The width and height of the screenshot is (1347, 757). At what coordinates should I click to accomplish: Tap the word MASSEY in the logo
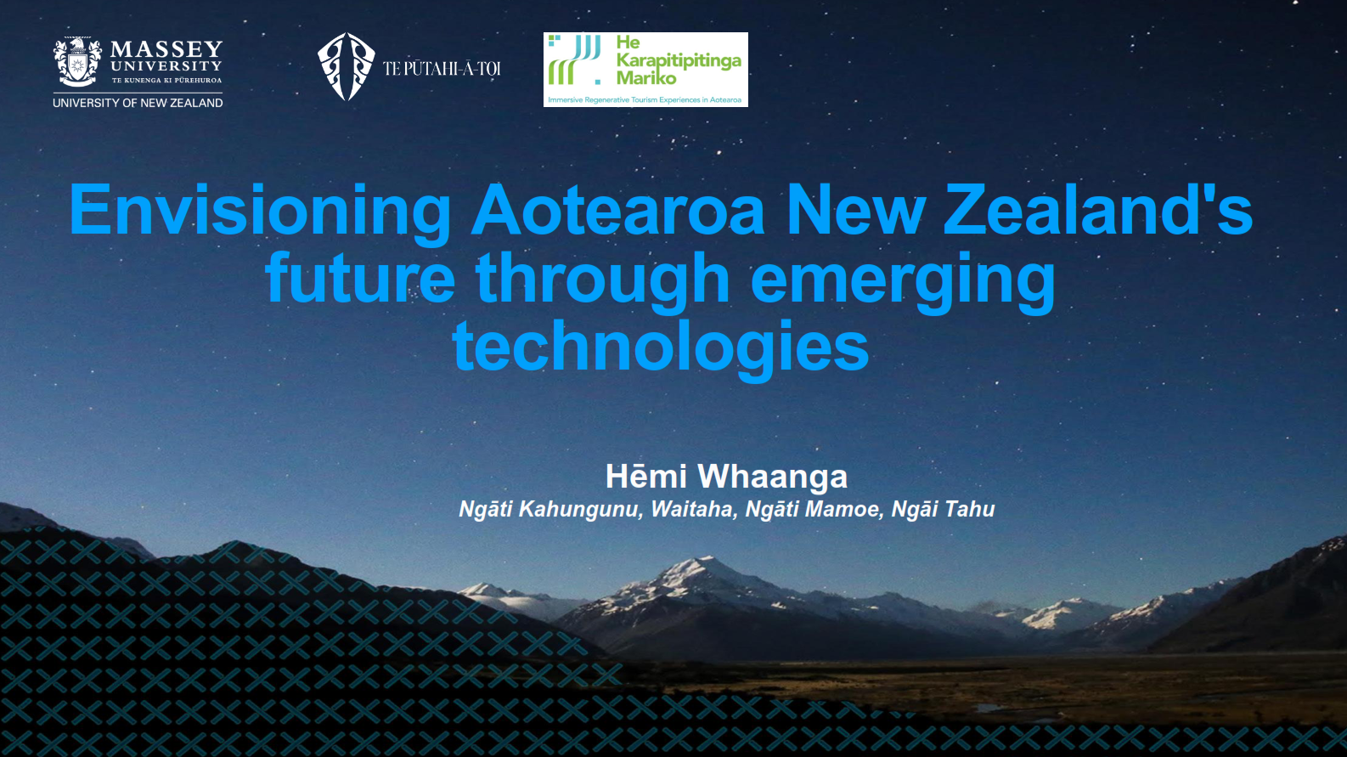[x=166, y=48]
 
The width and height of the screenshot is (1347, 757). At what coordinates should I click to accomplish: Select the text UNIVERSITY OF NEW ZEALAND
[x=138, y=103]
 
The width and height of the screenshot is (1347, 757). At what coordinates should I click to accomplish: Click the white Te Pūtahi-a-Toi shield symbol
[x=346, y=66]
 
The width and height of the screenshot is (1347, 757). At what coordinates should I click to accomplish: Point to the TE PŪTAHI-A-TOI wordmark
[x=442, y=69]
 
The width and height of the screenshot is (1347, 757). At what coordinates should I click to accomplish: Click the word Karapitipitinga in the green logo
[x=679, y=61]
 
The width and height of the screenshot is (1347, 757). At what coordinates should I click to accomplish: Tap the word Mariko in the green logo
[x=646, y=78]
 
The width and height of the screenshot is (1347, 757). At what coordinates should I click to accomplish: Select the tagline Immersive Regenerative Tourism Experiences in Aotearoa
[x=645, y=100]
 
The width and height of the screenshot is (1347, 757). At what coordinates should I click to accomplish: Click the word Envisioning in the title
[x=261, y=212]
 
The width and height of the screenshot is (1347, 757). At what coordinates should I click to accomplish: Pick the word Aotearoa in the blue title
[x=618, y=209]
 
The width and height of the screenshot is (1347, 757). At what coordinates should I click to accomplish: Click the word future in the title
[x=360, y=278]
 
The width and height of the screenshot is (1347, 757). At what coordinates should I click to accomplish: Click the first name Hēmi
[x=645, y=477]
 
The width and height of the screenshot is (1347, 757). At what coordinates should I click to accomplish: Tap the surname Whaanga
[x=772, y=477]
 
